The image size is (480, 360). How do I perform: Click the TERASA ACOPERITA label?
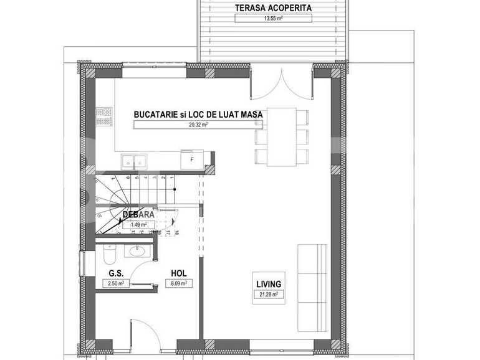coord(273,8)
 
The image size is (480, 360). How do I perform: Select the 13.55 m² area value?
coord(273,18)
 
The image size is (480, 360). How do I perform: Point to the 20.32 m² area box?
coord(198,125)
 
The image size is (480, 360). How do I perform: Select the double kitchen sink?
coord(134,161)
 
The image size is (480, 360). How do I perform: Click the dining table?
coord(281,136)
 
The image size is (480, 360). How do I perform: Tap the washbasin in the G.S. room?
coord(135,252)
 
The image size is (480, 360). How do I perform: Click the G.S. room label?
coord(115,273)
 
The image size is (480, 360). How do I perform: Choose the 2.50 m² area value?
coord(115,283)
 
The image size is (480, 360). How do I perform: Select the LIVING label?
coord(269,283)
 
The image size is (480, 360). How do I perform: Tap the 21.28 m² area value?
coord(269,294)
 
